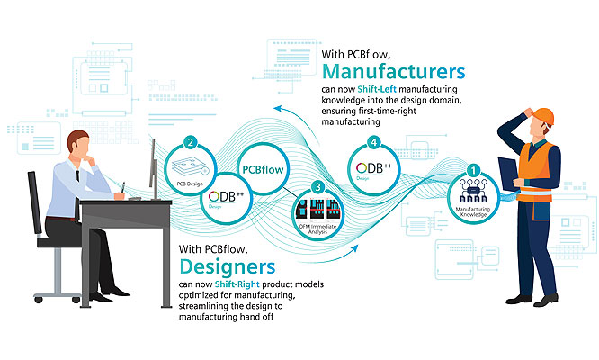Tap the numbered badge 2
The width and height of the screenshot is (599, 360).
pyautogui.click(x=190, y=142)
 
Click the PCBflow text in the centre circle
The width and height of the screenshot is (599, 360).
pyautogui.click(x=266, y=167)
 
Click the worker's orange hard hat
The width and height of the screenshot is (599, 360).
pyautogui.click(x=543, y=116)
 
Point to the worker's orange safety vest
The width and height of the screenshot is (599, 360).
pyautogui.click(x=537, y=166)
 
